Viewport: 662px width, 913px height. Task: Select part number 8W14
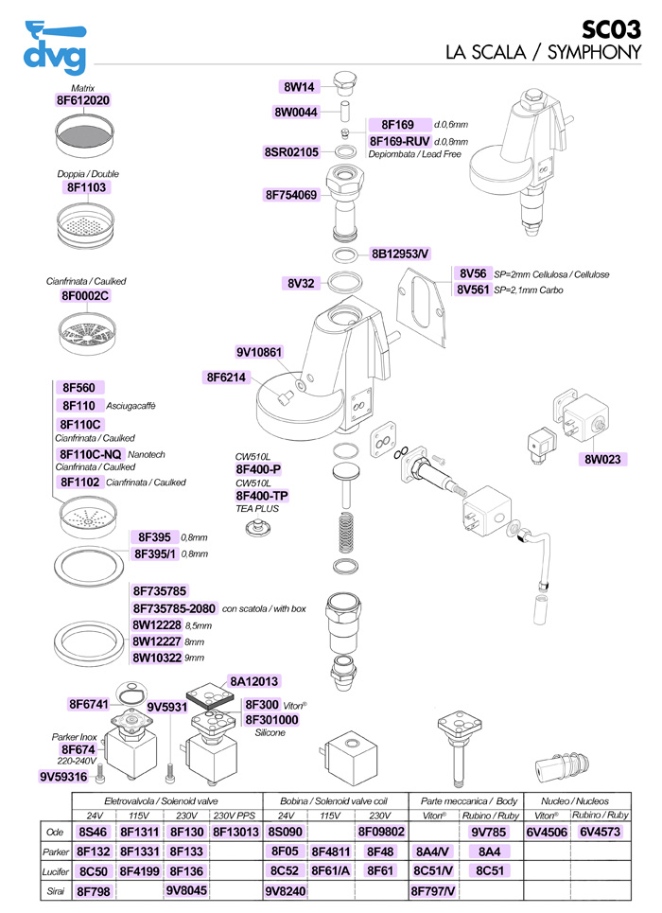coord(300,87)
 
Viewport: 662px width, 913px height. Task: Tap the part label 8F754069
coord(291,196)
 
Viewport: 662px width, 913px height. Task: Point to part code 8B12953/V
coord(401,254)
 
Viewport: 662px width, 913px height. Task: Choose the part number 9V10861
coord(259,353)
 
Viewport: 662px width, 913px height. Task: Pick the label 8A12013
coord(254,681)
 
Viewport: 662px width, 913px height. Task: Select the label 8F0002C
coord(85,296)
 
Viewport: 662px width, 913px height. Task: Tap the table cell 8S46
coord(94,832)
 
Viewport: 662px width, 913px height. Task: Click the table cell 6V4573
coord(601,832)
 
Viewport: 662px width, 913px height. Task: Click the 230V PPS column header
coord(235,815)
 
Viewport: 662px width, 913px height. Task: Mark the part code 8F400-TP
coord(262,496)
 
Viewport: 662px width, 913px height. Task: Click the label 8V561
coord(473,290)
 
